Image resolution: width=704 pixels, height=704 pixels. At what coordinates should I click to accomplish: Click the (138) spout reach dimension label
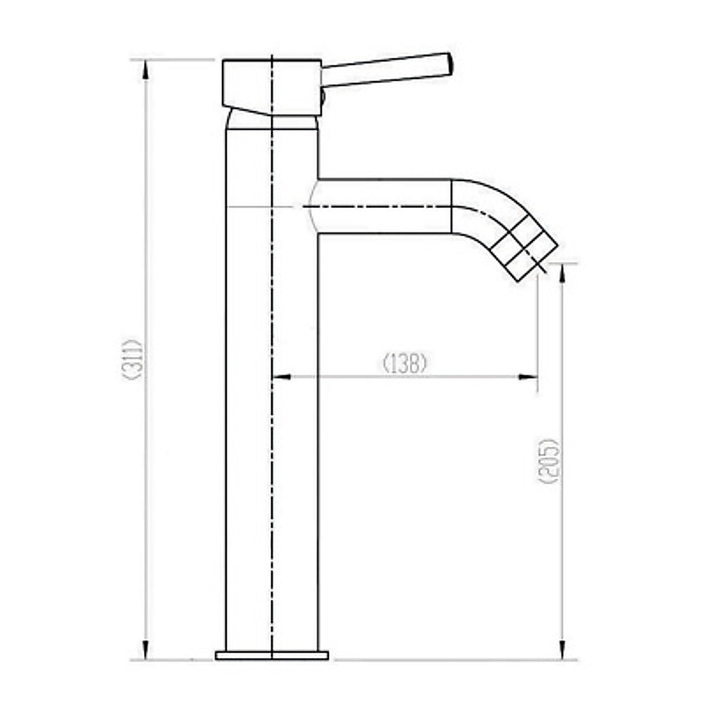click(x=405, y=363)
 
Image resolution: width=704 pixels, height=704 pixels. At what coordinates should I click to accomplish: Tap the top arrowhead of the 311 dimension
click(x=146, y=68)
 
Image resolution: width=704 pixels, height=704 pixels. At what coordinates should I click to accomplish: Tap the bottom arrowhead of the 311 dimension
click(x=146, y=652)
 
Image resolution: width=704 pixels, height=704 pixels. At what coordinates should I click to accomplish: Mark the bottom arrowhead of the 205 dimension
click(x=562, y=652)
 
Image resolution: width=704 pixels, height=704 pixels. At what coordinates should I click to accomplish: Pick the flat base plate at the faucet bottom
click(x=271, y=655)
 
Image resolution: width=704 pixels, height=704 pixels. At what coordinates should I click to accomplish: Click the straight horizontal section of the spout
click(x=384, y=206)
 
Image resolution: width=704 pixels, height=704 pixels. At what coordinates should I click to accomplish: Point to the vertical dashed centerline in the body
click(x=272, y=422)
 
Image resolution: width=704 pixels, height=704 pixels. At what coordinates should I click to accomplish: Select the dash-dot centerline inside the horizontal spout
click(x=380, y=206)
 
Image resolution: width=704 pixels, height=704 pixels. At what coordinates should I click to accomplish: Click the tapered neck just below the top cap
click(x=271, y=122)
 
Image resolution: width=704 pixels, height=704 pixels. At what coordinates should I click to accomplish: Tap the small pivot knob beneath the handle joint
click(x=322, y=98)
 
